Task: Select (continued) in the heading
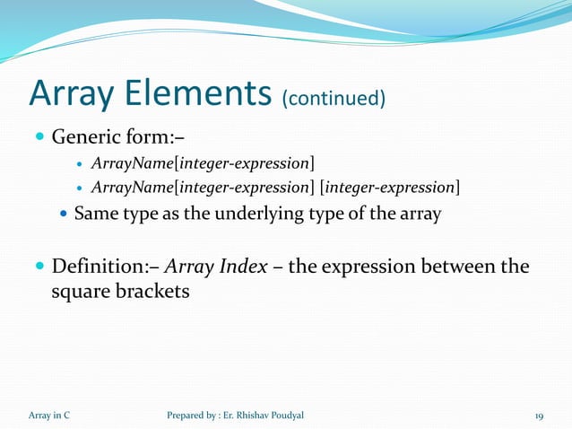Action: click(x=334, y=97)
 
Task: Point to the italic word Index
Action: click(x=241, y=267)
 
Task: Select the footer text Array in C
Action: click(x=50, y=416)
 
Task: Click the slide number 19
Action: click(x=540, y=416)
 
